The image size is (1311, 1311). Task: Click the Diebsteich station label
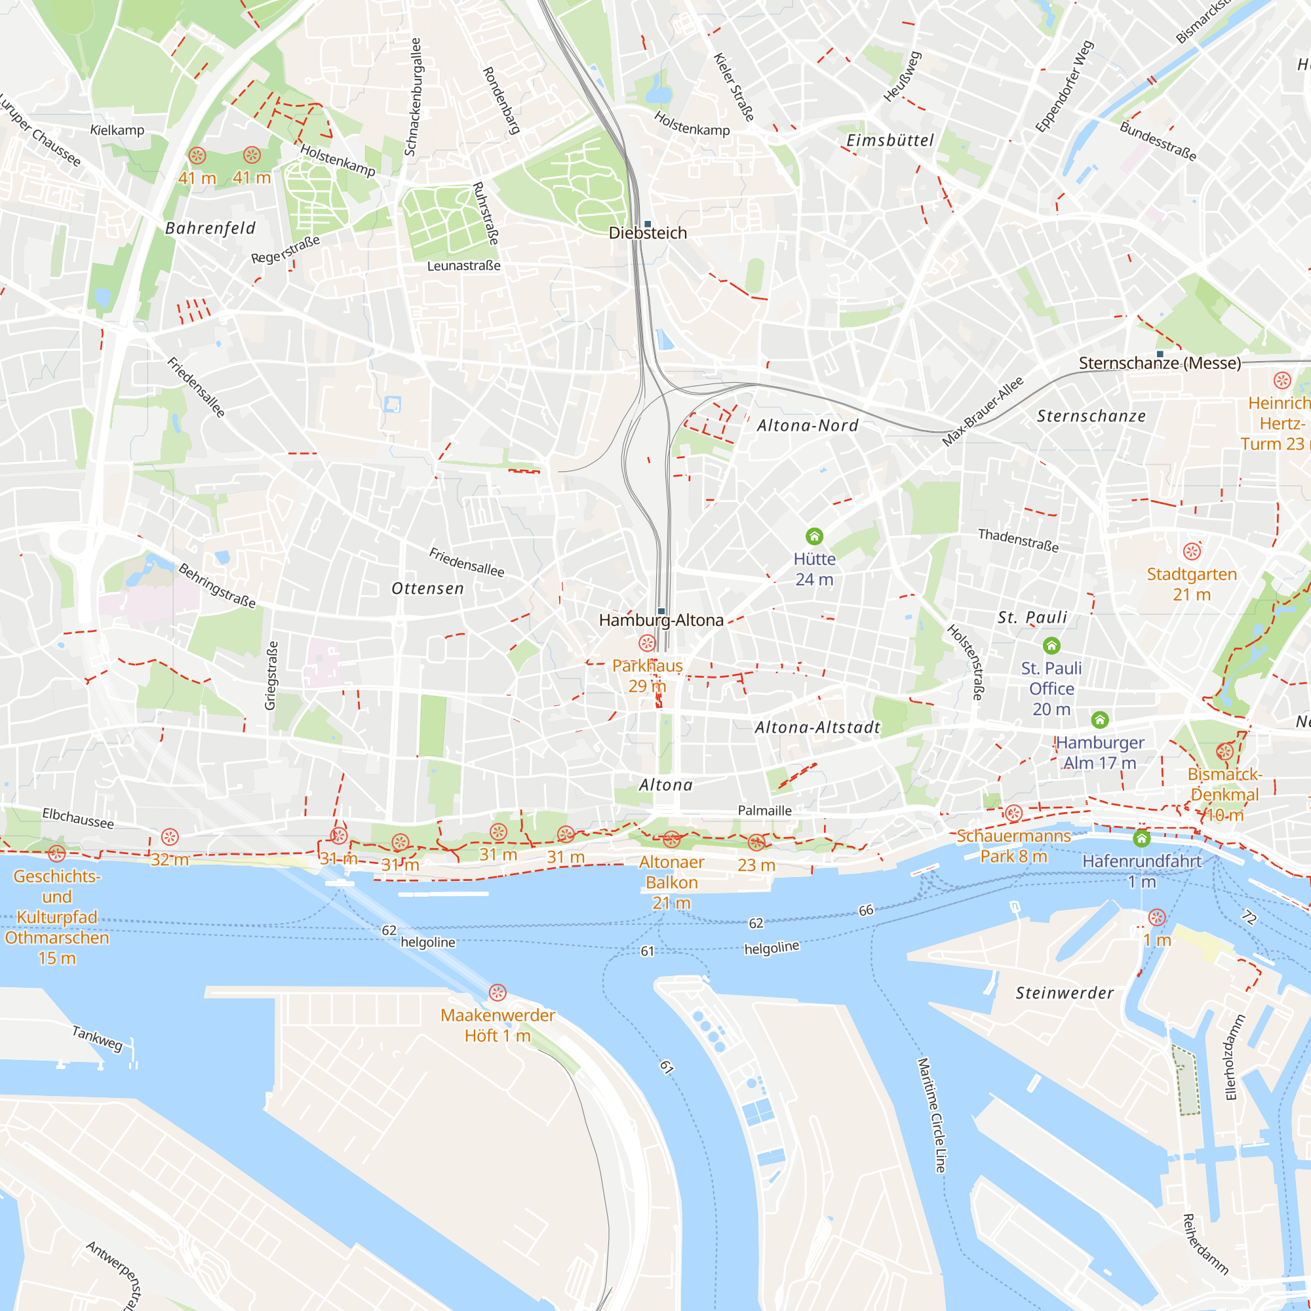(x=648, y=233)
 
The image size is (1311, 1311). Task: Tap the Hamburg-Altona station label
(x=661, y=620)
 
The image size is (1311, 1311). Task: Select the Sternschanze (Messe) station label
(x=1160, y=363)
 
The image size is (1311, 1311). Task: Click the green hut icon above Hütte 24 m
(x=814, y=537)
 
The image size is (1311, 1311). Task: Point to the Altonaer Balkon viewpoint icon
(x=671, y=840)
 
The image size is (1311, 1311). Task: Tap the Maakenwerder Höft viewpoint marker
(x=498, y=992)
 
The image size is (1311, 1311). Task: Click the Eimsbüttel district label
(x=890, y=140)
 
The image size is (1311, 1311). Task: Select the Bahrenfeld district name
(x=210, y=228)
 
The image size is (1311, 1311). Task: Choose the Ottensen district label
(x=427, y=589)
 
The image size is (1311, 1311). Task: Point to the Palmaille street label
(x=765, y=810)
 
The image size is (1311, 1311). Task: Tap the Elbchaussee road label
(x=78, y=818)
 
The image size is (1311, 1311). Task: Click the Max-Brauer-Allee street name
(x=982, y=412)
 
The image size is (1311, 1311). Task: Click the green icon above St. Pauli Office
(x=1051, y=645)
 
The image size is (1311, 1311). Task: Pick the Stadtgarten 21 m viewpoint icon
(x=1192, y=552)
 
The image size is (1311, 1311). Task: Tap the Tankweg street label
(x=97, y=1038)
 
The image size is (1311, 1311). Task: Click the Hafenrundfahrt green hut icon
(x=1141, y=839)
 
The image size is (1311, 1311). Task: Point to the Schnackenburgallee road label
(x=412, y=96)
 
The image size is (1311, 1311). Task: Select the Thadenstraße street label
(x=1018, y=540)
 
